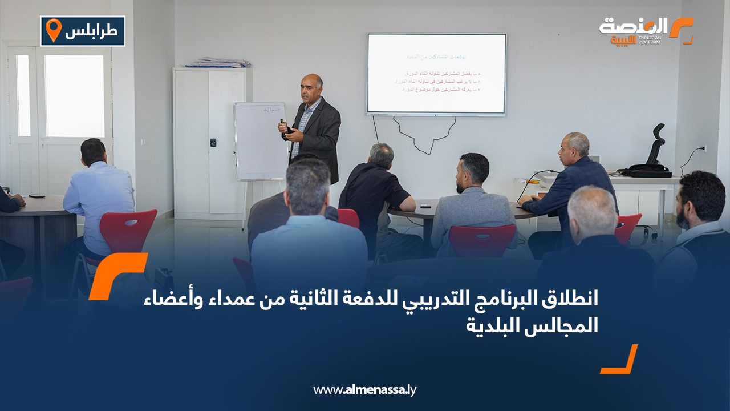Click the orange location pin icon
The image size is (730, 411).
tap(53, 30)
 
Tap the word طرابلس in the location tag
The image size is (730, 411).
tap(91, 31)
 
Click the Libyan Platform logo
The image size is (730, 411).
tap(646, 31)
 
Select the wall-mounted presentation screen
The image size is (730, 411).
tap(436, 74)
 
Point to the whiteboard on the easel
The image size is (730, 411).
tap(259, 140)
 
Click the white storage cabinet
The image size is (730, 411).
tap(210, 143)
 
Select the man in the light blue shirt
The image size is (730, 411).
tap(98, 194)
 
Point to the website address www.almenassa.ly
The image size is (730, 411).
tap(365, 390)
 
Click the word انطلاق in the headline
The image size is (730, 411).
tap(567, 299)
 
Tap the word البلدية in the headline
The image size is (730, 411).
tap(493, 326)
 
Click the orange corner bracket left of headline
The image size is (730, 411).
tap(117, 274)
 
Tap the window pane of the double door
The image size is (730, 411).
tap(74, 96)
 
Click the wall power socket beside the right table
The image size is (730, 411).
tap(703, 148)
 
